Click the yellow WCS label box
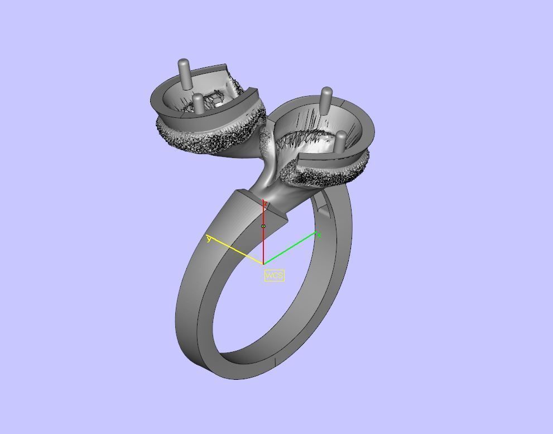pos(274,275)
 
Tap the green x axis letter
pos(319,236)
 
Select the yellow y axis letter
pos(209,239)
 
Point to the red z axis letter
pos(266,204)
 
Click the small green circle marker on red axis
pos(263,226)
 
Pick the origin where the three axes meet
pos(263,263)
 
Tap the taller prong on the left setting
pos(185,73)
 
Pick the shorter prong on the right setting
pos(340,143)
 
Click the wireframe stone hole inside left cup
pos(212,102)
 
